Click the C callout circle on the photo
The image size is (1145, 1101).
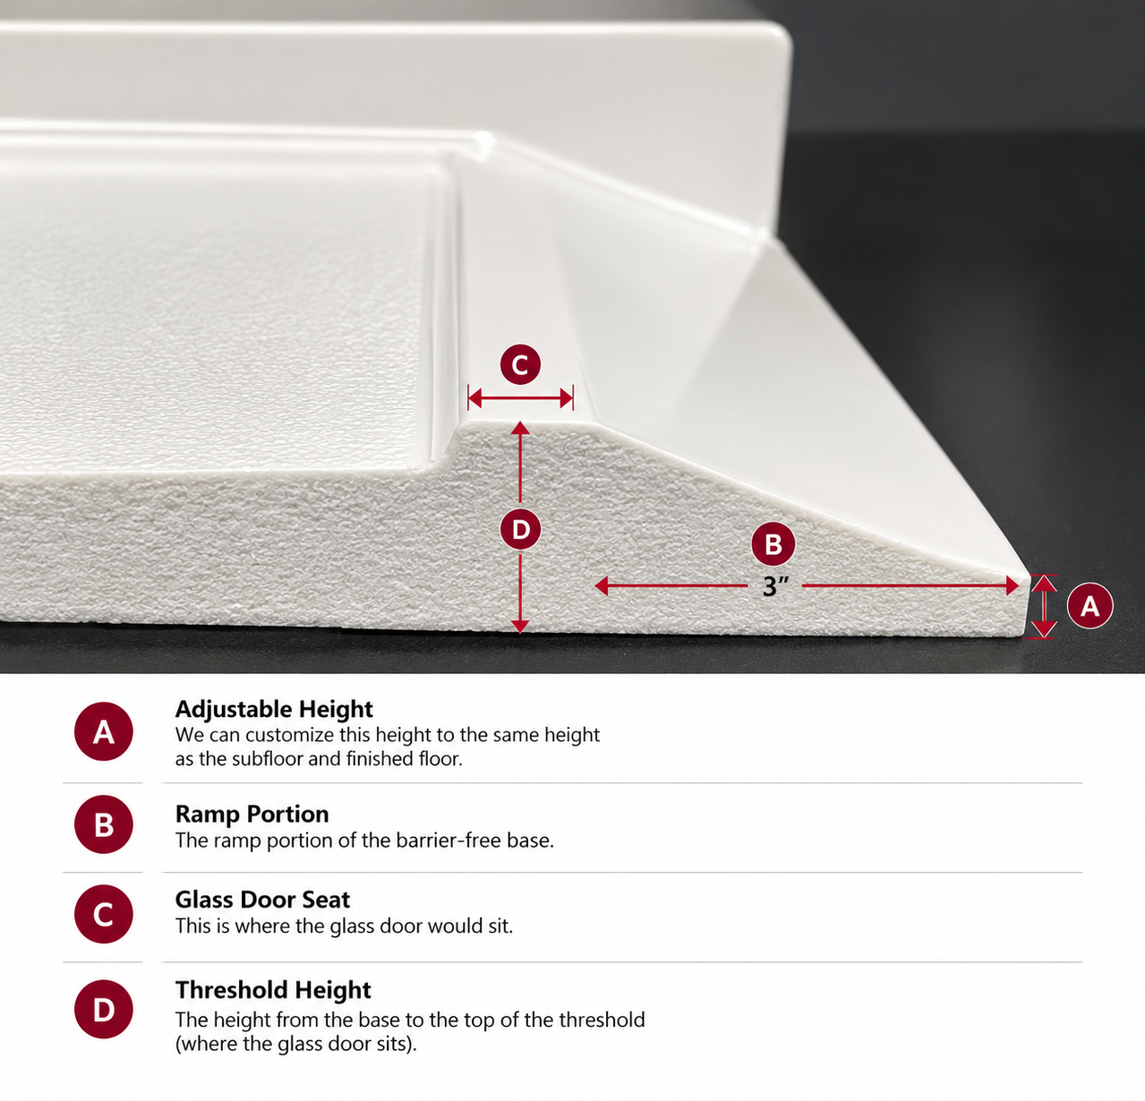coord(520,365)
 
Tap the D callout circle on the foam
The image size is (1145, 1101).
coord(520,530)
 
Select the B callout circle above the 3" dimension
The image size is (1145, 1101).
coord(773,543)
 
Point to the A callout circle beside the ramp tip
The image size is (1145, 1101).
coord(1089,605)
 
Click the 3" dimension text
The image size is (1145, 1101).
coord(775,586)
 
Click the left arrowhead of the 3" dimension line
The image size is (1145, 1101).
coord(602,586)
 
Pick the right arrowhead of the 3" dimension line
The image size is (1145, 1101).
coord(1012,586)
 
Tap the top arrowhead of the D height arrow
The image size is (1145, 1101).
coord(520,428)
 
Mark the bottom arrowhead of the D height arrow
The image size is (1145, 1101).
coord(520,626)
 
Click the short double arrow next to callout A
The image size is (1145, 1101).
coord(1044,607)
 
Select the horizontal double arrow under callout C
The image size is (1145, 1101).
coord(520,398)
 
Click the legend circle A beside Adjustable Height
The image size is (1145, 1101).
coord(104,731)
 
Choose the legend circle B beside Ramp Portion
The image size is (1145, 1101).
coord(104,824)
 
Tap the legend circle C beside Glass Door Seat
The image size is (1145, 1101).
coord(104,914)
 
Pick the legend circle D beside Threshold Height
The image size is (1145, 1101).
coord(104,1009)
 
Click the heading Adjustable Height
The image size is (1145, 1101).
coord(274,710)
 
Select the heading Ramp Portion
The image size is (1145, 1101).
coord(252,814)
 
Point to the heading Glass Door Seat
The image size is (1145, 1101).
coord(262,900)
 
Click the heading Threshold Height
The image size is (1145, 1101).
coord(273,990)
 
